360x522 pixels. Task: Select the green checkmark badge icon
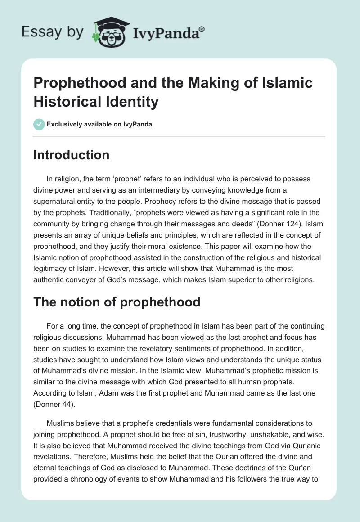pos(39,124)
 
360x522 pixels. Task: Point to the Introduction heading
pos(72,155)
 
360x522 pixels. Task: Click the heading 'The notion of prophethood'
pos(117,302)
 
